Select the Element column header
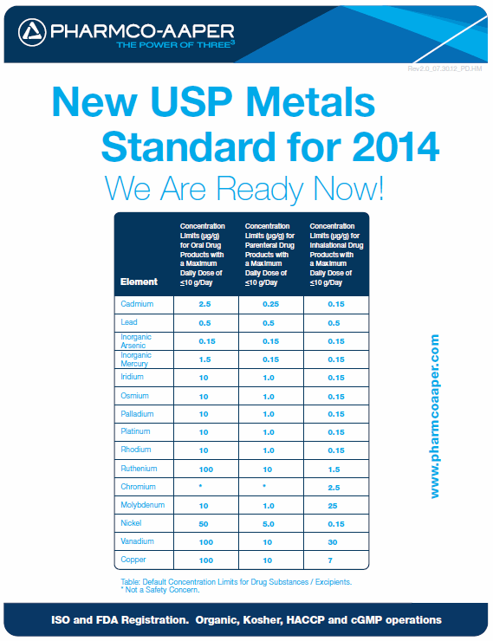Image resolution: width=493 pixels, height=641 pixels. coord(139,282)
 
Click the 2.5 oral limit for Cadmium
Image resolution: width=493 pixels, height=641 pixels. coord(204,305)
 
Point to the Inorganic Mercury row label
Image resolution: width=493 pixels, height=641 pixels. coord(137,359)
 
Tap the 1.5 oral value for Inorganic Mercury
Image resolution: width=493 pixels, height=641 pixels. coord(204,359)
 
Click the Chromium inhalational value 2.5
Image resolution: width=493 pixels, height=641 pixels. coord(335,487)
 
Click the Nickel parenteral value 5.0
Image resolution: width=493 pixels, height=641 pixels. coord(269,523)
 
